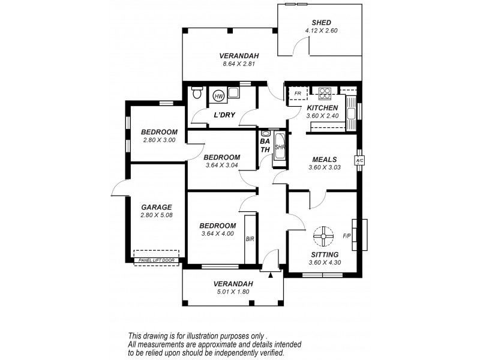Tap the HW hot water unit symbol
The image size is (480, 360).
click(218, 96)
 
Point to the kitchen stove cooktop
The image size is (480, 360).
click(325, 93)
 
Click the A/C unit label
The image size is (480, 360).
click(359, 161)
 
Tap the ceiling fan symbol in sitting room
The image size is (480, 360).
click(323, 236)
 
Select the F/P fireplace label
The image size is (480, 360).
click(347, 236)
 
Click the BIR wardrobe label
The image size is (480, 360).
click(250, 239)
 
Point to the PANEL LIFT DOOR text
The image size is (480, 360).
click(155, 260)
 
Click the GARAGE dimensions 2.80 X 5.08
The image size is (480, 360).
click(156, 215)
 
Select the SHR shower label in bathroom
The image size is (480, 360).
click(279, 147)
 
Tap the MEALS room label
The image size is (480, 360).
click(325, 160)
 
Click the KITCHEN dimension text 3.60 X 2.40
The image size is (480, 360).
click(323, 115)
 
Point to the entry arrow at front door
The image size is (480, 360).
click(271, 274)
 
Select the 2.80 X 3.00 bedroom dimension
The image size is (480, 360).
click(159, 140)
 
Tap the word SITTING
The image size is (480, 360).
click(323, 254)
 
